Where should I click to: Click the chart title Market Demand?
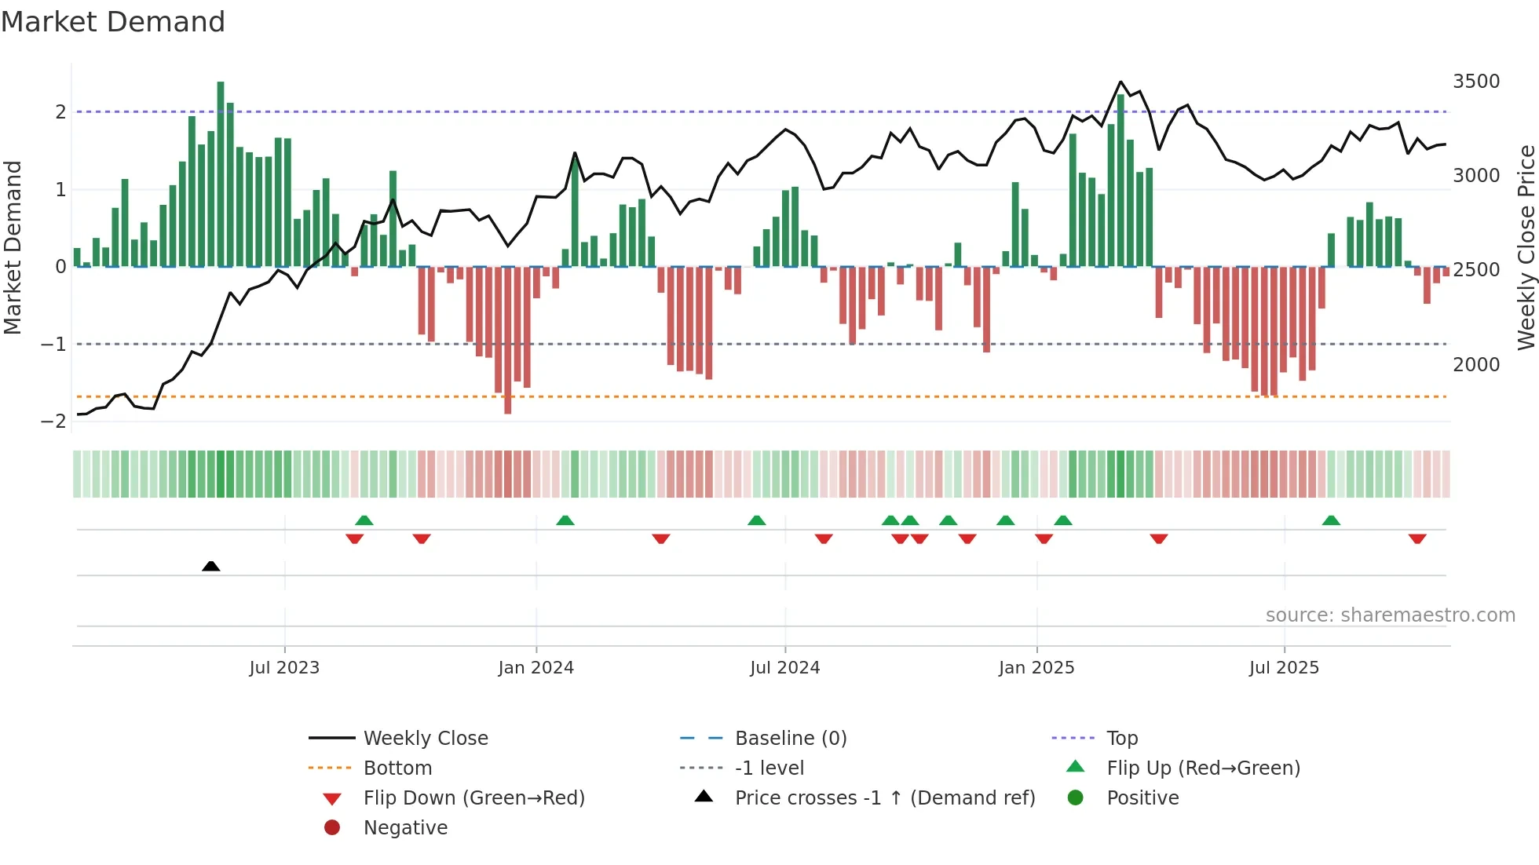pos(113,22)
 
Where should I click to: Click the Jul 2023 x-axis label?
pos(284,668)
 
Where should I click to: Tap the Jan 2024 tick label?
pos(536,668)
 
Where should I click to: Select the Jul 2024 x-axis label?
pos(784,668)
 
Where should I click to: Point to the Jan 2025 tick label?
pos(1036,668)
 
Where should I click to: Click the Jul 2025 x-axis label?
pos(1284,668)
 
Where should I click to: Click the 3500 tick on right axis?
pos(1476,82)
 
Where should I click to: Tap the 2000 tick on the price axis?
pos(1476,365)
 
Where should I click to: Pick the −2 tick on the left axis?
pos(53,422)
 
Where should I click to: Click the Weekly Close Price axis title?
pos(1526,247)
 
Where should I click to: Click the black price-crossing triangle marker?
pos(210,566)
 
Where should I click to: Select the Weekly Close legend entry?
pos(425,739)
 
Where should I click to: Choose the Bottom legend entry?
pos(397,768)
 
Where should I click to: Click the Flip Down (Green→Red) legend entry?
pos(473,798)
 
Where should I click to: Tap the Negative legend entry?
pos(405,828)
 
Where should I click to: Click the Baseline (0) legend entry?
pos(790,739)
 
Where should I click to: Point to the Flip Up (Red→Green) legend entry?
pos(1203,768)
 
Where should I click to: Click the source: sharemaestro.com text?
pos(1390,615)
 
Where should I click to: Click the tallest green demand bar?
pos(221,173)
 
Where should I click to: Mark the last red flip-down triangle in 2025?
pos(1417,538)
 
